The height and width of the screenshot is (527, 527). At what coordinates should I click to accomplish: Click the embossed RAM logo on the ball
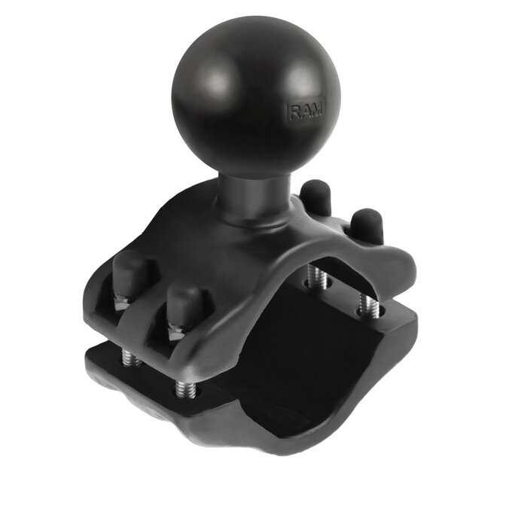coord(306,111)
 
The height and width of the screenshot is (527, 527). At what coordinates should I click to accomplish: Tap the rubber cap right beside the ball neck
coord(316,198)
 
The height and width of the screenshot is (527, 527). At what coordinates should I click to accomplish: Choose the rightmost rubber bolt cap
coord(366,225)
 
